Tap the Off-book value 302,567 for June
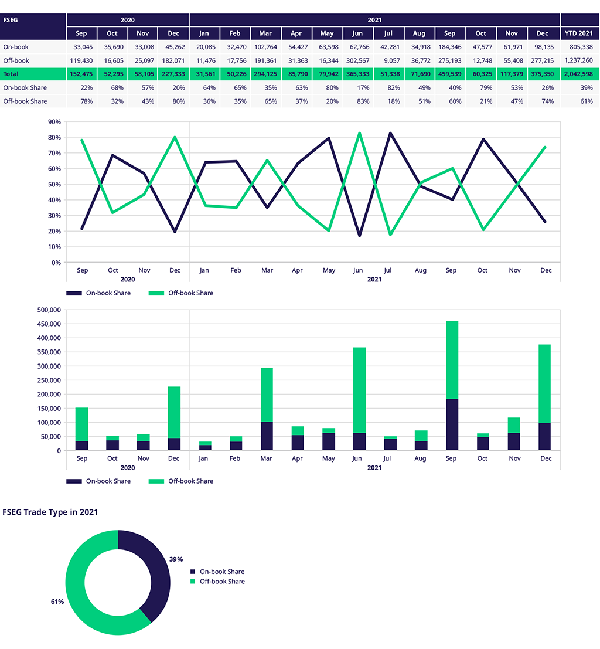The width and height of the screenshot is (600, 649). pos(357,60)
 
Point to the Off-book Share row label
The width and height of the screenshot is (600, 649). pos(25,101)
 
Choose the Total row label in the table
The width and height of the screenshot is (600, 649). pos(11,74)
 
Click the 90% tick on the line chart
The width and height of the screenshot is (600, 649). pos(54,122)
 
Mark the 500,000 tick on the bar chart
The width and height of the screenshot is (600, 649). pos(49,310)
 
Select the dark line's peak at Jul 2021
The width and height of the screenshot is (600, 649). pos(389,134)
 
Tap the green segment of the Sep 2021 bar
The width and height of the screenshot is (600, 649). pos(451,359)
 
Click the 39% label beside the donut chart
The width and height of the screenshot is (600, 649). pos(176,559)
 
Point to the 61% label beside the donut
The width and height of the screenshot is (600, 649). pos(57,602)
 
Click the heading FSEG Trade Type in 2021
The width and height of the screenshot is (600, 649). pos(50,512)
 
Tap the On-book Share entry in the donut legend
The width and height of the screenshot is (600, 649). pos(221,572)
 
